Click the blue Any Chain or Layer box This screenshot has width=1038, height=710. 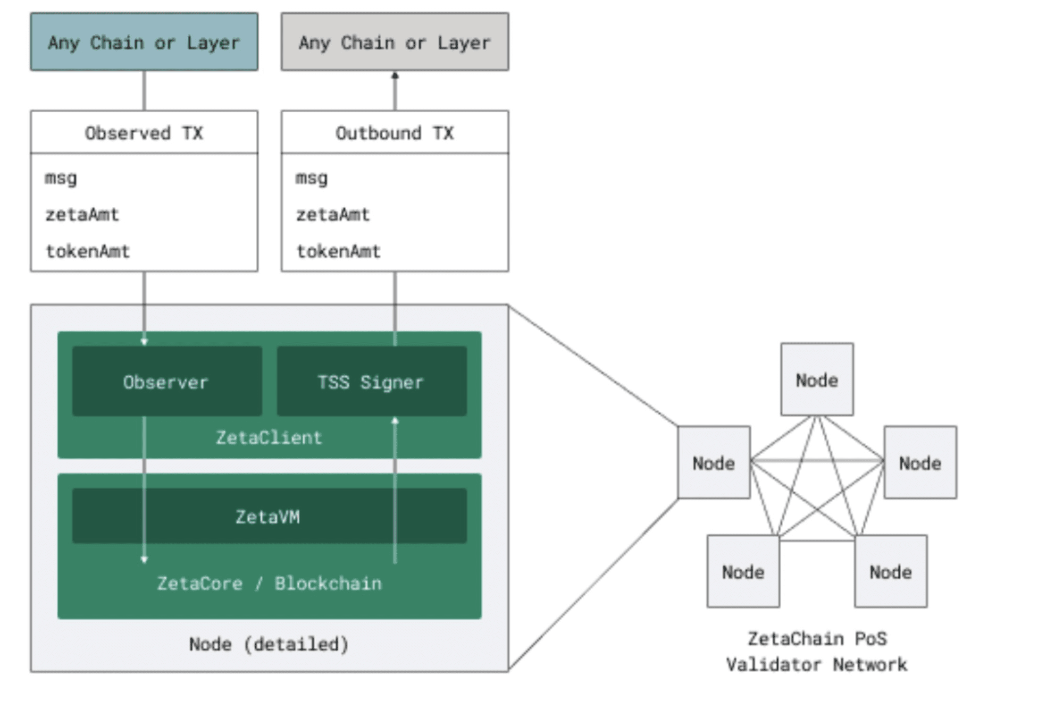[144, 42]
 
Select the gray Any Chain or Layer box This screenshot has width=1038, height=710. [395, 42]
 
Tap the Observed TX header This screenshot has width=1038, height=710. [144, 133]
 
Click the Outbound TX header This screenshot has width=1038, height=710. [395, 133]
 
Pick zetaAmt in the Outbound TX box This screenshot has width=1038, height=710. [333, 215]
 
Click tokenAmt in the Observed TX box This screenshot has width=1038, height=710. [87, 251]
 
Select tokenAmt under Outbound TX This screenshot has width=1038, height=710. [338, 251]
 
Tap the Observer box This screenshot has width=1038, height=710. [167, 381]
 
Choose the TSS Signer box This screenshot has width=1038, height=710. [372, 381]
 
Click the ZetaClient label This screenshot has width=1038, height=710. [269, 438]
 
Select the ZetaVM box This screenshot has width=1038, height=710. [269, 516]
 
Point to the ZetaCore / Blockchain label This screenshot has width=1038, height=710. [269, 583]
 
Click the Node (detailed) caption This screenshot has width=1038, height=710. [269, 644]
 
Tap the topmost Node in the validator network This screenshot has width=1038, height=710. [817, 380]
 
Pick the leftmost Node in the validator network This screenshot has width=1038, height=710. [714, 463]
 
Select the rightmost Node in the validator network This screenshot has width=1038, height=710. [921, 463]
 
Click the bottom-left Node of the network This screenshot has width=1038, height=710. [743, 571]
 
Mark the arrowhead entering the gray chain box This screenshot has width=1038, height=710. [395, 75]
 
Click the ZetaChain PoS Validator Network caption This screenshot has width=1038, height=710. [817, 652]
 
